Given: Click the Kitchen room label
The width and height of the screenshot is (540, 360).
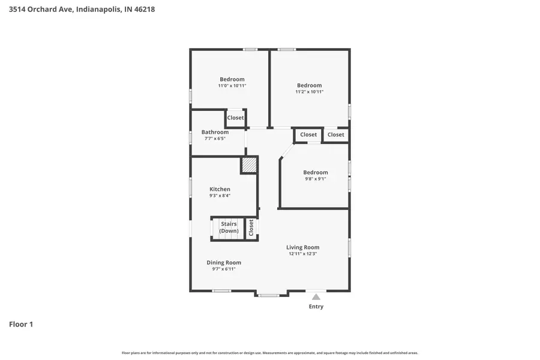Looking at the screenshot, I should point(220,189).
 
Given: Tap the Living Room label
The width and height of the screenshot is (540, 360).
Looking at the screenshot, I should point(302,247).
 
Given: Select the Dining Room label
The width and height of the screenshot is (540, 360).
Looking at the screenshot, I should point(224,262).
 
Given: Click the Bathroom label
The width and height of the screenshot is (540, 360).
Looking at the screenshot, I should point(215,132).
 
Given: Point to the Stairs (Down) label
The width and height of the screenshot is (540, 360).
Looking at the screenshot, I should point(229,227).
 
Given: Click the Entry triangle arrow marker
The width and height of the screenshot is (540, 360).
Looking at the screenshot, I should point(316,296).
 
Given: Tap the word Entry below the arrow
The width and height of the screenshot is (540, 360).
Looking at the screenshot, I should point(316,307).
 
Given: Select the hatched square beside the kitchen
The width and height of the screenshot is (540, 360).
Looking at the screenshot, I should point(249,165).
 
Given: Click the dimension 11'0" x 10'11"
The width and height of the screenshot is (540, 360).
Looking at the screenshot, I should point(232,86).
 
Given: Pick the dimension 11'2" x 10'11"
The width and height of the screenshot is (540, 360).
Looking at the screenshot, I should point(310,92).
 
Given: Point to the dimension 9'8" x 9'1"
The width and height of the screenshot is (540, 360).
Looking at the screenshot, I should point(316,179).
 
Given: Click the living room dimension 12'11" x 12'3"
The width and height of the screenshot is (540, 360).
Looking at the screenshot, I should point(302,254).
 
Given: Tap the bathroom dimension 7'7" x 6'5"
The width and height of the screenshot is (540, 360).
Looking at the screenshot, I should point(215,139).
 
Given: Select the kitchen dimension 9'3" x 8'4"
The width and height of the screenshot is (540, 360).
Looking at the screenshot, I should point(220,196).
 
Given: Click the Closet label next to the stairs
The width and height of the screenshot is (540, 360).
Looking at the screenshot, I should point(251,227).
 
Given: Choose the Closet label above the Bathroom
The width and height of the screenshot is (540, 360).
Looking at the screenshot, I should point(236,118).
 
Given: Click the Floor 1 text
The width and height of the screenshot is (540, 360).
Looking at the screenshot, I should point(21,325).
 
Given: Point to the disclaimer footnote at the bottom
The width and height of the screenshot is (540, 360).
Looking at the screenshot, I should point(270,353).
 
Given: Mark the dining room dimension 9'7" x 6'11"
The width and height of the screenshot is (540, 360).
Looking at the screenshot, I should point(224,269).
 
